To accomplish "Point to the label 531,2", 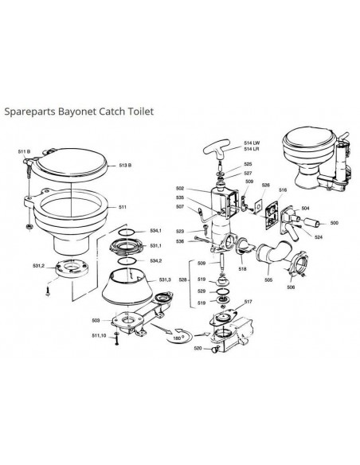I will point(37,266).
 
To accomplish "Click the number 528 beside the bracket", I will point(182,279).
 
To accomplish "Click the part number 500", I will point(334,224).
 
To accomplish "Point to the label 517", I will point(248,302).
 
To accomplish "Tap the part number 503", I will point(95,320).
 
